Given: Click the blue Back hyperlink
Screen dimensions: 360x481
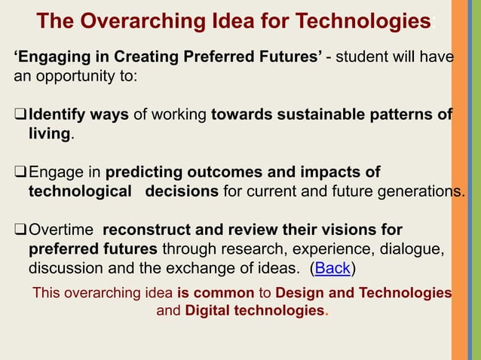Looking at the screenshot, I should click(332, 268).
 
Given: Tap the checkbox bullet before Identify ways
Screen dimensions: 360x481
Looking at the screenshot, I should click(20, 114).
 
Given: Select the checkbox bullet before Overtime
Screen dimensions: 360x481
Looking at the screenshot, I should click(20, 229).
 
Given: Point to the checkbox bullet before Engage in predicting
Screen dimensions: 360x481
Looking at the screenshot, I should click(20, 172).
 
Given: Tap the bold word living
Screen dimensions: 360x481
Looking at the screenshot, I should click(50, 134).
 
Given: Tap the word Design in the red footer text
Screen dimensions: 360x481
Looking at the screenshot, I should click(299, 293).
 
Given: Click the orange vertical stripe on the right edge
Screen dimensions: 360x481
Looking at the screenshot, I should click(459, 180).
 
